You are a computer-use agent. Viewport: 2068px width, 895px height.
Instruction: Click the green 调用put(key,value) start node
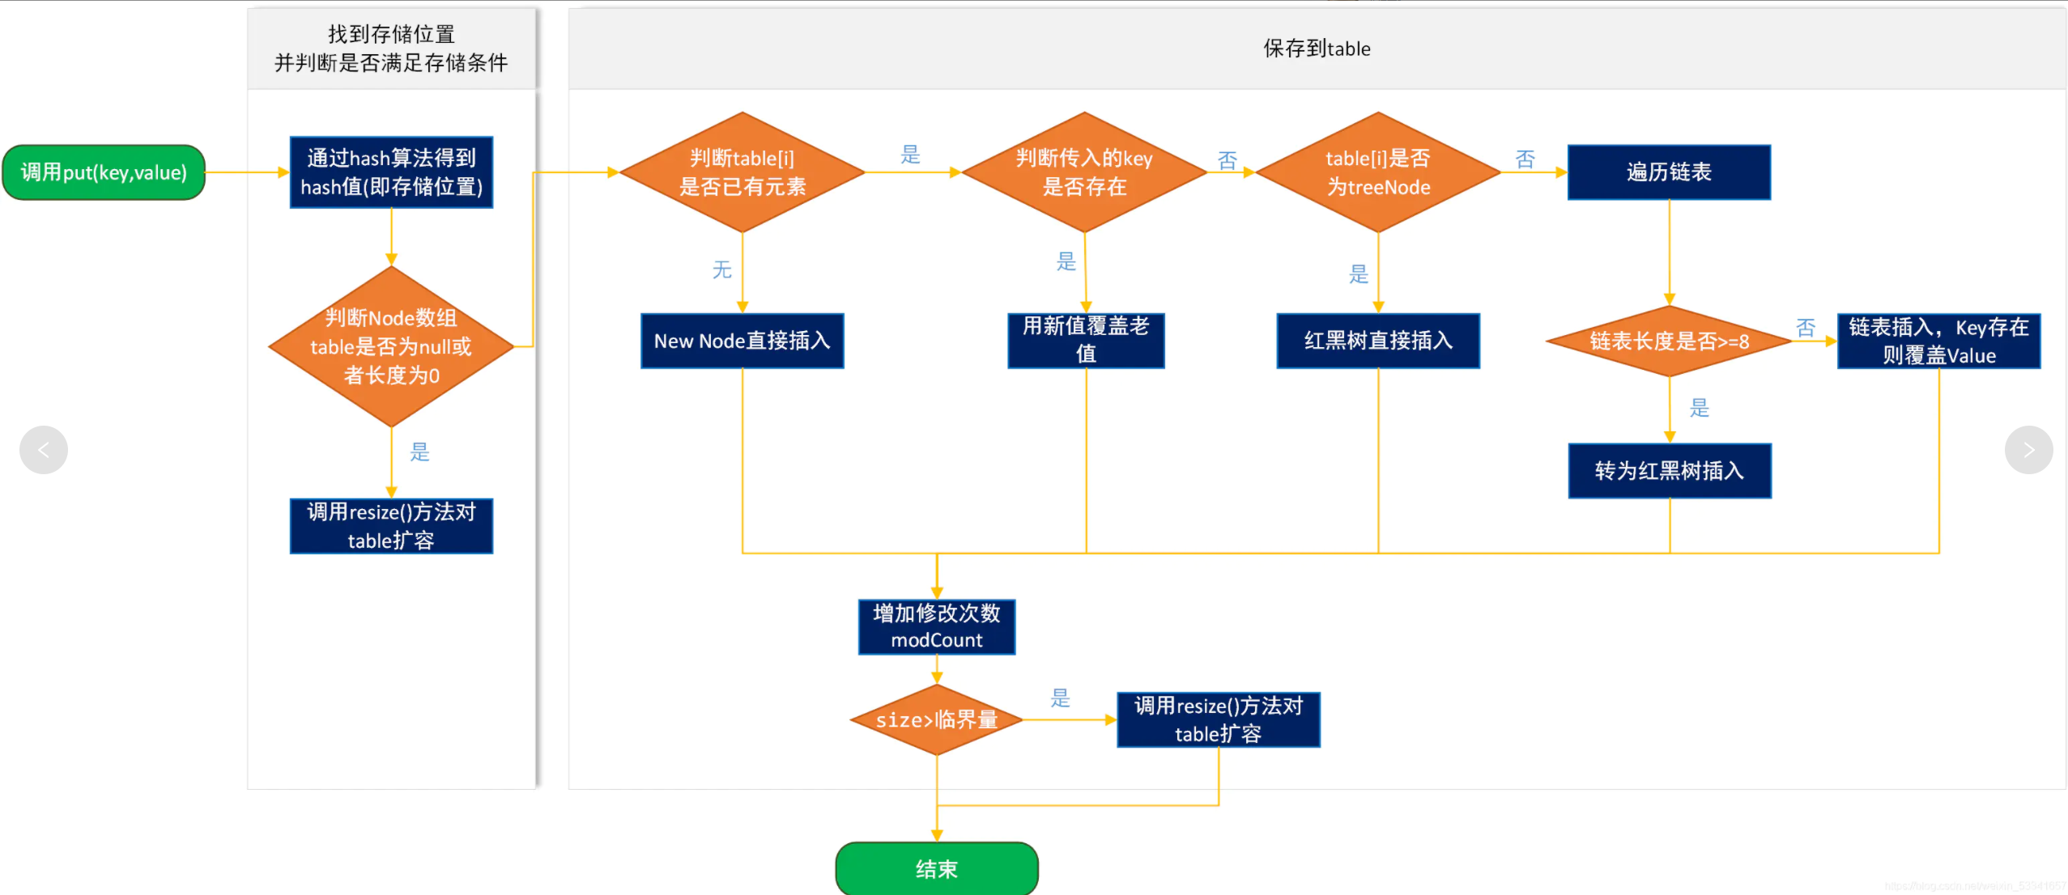[x=104, y=172]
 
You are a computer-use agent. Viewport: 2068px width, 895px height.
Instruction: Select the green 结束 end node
[x=936, y=868]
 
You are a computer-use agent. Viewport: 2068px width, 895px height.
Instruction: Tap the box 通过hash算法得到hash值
[x=391, y=172]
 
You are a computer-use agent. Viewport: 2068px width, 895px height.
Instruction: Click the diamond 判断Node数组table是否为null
[x=391, y=346]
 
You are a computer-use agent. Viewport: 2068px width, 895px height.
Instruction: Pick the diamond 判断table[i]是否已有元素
[x=742, y=172]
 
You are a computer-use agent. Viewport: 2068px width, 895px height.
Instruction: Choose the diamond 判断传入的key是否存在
[x=1084, y=172]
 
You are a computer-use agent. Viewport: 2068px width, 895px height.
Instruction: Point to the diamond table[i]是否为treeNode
[x=1377, y=172]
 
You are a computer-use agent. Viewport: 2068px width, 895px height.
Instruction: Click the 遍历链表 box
[x=1669, y=172]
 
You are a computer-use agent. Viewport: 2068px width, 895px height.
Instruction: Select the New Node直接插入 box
[x=742, y=341]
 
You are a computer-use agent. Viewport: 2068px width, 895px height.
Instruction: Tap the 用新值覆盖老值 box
[x=1086, y=341]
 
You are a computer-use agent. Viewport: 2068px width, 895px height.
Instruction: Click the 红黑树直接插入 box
[x=1377, y=341]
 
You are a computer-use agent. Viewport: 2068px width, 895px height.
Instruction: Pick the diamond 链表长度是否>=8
[x=1669, y=341]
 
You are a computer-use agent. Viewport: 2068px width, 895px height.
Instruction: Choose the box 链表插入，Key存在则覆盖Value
[x=1938, y=341]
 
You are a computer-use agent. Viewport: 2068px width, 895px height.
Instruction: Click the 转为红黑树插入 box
[x=1669, y=470]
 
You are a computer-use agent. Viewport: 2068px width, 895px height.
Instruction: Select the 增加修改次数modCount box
[x=936, y=626]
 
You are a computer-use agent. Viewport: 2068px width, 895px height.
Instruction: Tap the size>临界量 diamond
[x=936, y=719]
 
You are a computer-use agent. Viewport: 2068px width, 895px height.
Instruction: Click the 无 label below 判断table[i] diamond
[x=721, y=269]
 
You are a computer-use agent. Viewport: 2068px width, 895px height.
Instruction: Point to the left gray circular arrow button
[x=44, y=450]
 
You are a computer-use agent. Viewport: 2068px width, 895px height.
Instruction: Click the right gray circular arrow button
[x=2028, y=450]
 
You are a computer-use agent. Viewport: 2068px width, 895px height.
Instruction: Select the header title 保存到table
[x=1317, y=49]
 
